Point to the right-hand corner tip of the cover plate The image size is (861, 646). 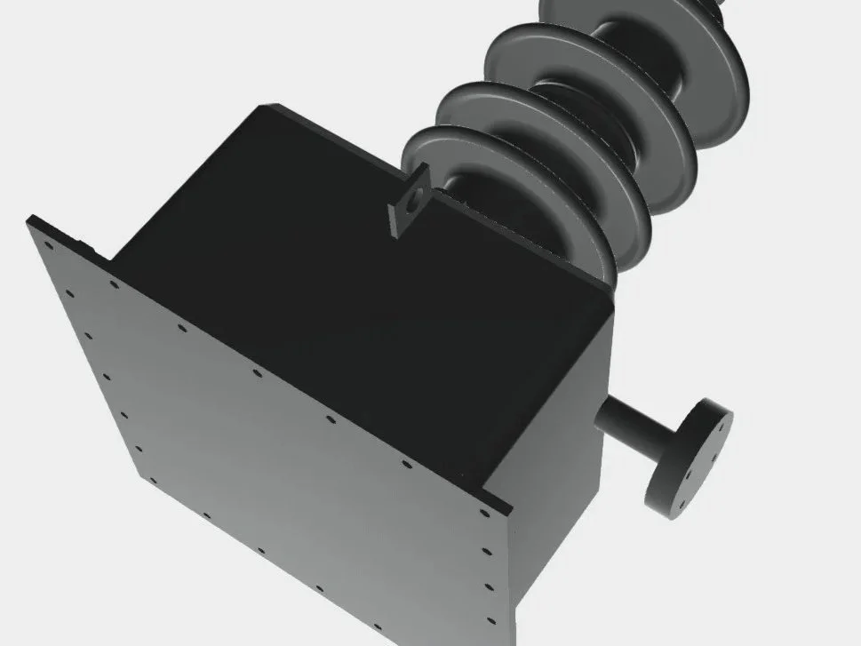(x=512, y=509)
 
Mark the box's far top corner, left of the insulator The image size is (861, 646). (x=260, y=108)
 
